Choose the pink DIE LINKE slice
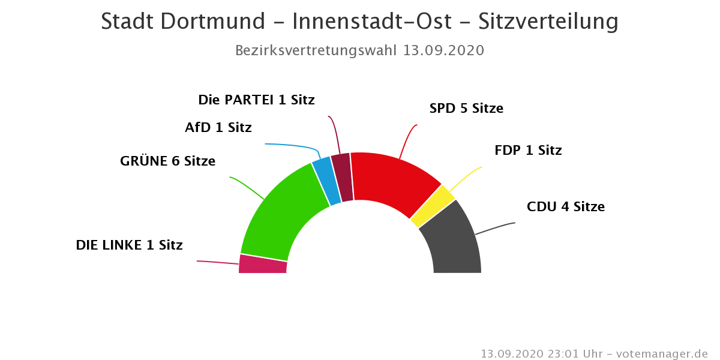tap(263, 265)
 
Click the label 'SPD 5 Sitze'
tap(466, 109)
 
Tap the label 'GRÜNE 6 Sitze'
tap(167, 161)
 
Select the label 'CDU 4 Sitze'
tap(566, 207)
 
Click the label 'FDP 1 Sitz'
tap(528, 150)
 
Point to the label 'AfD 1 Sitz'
tap(218, 127)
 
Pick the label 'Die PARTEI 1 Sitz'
tap(256, 100)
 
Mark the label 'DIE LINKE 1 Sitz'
tap(129, 245)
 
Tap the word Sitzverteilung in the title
tap(548, 22)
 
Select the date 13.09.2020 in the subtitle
tap(443, 50)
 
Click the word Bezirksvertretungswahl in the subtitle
tap(316, 50)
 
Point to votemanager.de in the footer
tap(662, 354)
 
